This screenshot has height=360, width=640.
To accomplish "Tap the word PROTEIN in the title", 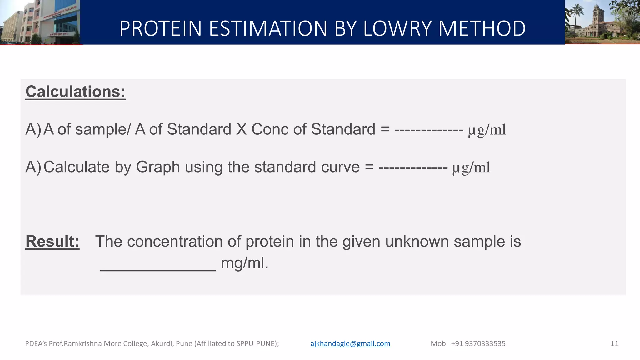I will coord(160,28).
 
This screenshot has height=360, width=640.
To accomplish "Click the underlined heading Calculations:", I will coord(75,92).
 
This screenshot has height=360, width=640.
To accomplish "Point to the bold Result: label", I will coord(52,242).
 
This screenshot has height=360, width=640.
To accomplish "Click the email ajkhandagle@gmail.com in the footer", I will coord(350,344).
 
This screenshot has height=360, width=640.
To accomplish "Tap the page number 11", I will coord(614,344).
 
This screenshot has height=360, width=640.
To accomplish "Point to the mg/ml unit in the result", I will coord(244,263).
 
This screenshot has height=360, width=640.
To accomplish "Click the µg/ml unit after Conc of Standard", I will coord(487,130).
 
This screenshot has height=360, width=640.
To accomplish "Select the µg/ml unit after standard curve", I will coord(471,168).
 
